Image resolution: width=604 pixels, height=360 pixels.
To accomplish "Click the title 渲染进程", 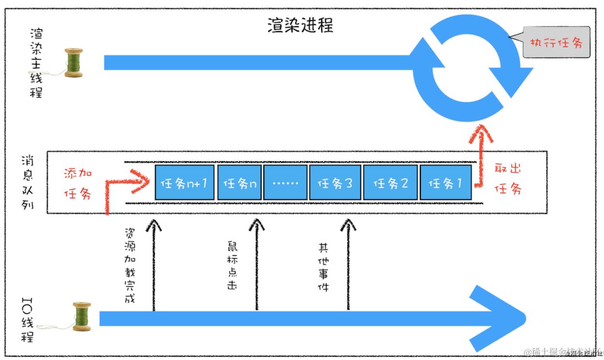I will (300, 25).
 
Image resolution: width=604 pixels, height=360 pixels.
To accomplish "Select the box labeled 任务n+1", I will (184, 183).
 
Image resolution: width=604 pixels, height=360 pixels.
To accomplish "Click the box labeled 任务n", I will (239, 183).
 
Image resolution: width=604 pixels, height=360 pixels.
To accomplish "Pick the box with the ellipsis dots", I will (285, 183).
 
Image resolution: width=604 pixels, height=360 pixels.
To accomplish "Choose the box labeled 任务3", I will (335, 183).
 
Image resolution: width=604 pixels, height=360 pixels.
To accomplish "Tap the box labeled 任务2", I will (390, 183).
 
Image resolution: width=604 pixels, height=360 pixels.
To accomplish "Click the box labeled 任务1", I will (446, 183).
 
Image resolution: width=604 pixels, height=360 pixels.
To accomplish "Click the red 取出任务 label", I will (508, 179).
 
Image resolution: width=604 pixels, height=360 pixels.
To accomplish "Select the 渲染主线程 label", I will (36, 63).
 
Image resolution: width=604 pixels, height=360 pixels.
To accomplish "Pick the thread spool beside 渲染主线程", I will (74, 63).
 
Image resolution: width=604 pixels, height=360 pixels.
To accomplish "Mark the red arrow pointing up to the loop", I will (480, 154).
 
